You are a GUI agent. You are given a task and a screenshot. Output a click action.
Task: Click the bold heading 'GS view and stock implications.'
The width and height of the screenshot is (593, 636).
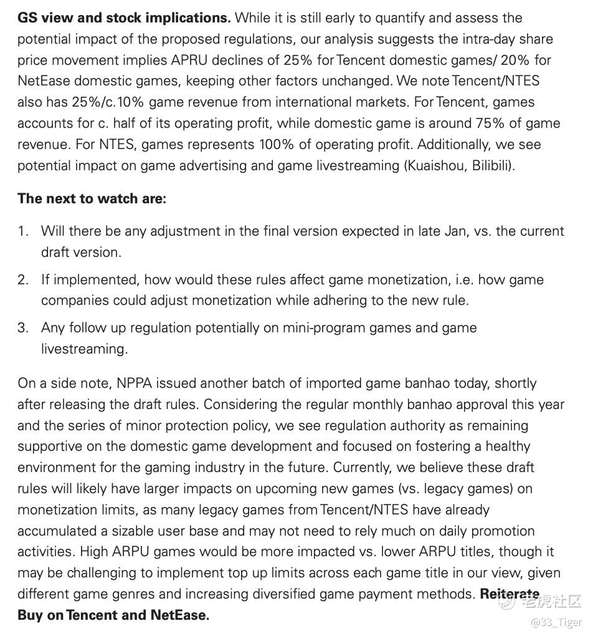coord(124,17)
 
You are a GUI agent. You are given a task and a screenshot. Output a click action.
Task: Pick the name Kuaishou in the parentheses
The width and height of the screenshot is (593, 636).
coord(434,166)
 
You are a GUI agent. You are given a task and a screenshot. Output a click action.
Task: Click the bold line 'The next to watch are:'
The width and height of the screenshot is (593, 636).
coord(92,198)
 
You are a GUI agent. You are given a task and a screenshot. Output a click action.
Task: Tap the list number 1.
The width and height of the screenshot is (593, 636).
coord(23,231)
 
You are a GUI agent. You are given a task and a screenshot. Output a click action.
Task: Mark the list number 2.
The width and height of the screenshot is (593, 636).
coord(23,279)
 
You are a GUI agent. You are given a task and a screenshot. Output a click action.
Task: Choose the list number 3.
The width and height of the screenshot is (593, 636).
coord(23,327)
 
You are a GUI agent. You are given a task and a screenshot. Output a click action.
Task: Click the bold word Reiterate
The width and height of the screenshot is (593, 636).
coord(510,594)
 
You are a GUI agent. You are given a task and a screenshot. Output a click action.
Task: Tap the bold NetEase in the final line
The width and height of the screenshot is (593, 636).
coord(178,615)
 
